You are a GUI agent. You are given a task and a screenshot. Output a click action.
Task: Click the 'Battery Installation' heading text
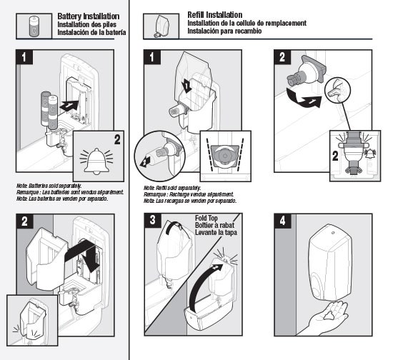(x=89, y=16)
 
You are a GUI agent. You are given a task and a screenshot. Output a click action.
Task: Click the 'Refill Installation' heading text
(x=215, y=15)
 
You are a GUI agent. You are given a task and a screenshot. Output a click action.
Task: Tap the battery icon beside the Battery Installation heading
(x=34, y=26)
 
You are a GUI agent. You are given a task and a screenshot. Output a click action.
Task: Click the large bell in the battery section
(x=96, y=161)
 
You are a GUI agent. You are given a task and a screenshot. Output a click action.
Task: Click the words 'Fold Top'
(x=206, y=218)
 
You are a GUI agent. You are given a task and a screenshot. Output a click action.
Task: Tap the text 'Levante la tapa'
(x=216, y=232)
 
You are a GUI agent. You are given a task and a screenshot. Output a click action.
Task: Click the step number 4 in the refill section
(x=282, y=221)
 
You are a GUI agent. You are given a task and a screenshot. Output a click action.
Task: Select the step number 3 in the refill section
(x=152, y=220)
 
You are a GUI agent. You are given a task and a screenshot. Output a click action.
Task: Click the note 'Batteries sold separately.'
(x=49, y=186)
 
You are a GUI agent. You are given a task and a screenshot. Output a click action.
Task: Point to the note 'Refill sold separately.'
(x=172, y=188)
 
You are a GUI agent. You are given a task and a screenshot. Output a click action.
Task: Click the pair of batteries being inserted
(x=49, y=111)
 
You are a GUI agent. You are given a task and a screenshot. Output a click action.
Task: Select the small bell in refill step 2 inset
(x=370, y=154)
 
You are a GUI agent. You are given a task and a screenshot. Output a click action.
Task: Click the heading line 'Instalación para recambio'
(x=224, y=31)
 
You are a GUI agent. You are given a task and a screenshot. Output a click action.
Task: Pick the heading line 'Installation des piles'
(x=86, y=24)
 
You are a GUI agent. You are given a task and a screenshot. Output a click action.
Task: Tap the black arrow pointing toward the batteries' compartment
(x=69, y=105)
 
